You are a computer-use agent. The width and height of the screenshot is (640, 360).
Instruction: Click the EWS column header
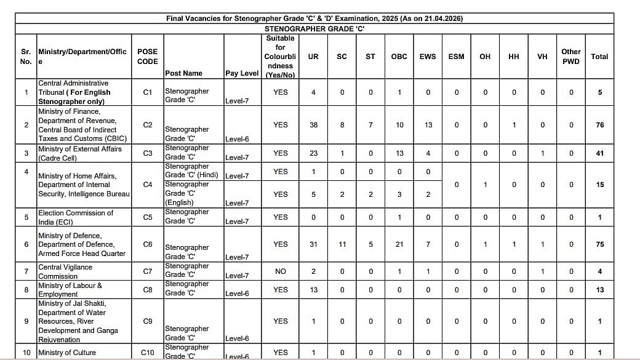point(428,57)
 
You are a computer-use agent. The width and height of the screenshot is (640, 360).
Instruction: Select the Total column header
point(599,57)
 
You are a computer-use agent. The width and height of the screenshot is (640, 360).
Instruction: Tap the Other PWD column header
point(570,57)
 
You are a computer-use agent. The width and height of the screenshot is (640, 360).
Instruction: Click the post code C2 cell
point(148,125)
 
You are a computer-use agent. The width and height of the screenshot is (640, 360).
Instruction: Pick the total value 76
point(599,125)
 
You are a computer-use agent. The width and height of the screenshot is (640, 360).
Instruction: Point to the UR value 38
point(313,125)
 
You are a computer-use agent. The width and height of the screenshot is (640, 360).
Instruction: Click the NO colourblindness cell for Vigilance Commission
point(280,271)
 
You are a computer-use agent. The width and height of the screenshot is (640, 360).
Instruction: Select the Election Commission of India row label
point(76,217)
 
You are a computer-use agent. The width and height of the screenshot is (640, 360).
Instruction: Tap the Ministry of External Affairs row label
point(80,153)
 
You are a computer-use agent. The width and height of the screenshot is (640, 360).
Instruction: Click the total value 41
point(599,153)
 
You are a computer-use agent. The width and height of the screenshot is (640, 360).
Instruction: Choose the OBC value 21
point(399,244)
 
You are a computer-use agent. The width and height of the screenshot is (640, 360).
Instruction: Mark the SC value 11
point(342,244)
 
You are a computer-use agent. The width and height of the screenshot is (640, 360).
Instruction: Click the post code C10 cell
point(148,353)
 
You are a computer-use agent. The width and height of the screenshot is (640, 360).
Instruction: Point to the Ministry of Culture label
point(67,353)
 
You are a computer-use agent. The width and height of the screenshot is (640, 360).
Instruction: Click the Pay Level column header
point(242,73)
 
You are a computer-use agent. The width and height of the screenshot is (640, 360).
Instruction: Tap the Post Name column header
point(183,73)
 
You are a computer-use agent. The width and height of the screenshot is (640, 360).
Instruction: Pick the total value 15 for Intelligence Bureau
point(599,185)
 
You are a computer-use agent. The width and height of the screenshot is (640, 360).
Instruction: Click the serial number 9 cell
point(26,321)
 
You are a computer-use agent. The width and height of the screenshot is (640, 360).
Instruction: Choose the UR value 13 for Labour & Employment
point(313,290)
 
